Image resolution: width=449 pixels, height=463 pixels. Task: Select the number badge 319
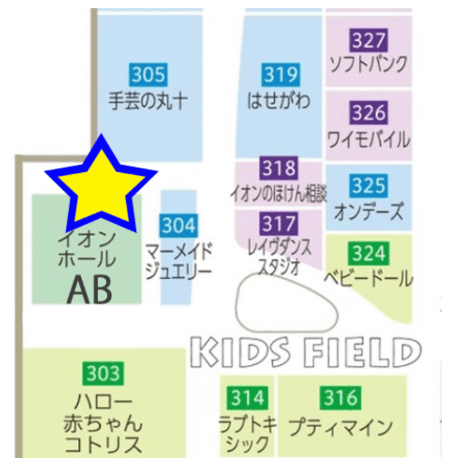(x=281, y=75)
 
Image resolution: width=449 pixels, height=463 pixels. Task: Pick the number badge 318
(x=279, y=168)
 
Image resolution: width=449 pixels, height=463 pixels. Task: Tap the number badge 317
(x=279, y=224)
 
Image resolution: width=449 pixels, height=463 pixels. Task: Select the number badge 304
(x=179, y=225)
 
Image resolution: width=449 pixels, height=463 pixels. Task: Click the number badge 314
(x=247, y=399)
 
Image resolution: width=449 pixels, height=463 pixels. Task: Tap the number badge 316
(x=341, y=399)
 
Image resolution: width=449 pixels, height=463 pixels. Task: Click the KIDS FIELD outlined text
(x=306, y=351)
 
